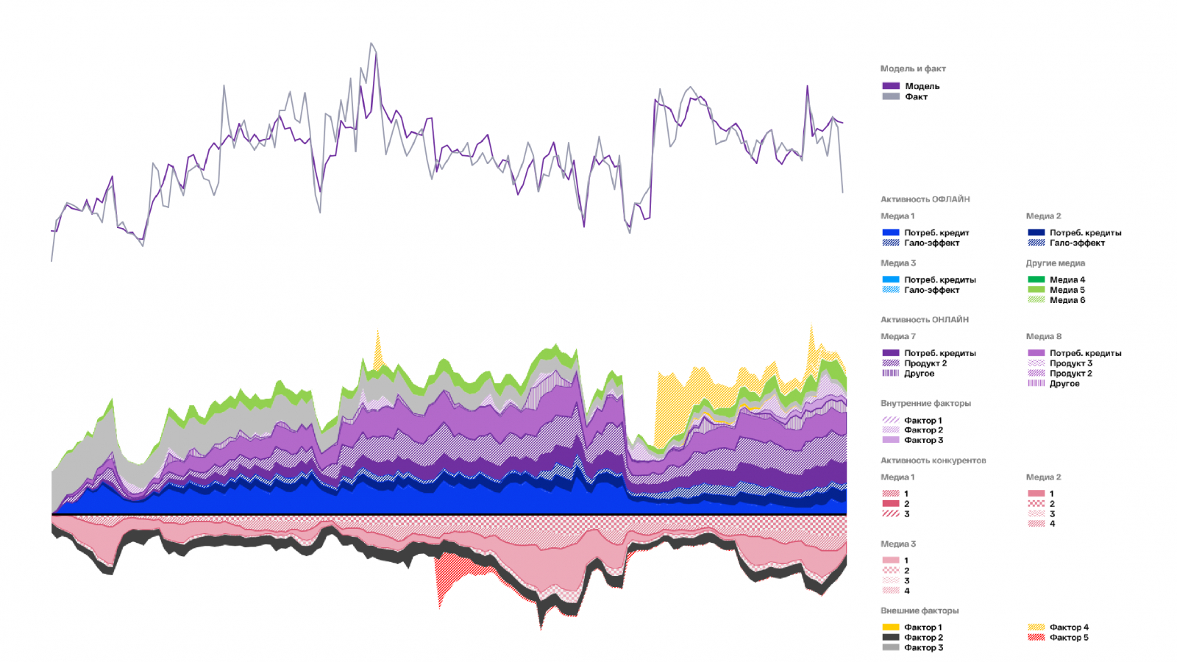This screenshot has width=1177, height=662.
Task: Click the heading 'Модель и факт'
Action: (913, 68)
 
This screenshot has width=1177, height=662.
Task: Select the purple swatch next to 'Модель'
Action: (891, 86)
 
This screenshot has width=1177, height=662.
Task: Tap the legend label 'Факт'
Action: (916, 96)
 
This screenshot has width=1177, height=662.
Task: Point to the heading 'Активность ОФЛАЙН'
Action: (925, 199)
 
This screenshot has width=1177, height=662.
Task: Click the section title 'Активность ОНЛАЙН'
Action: (924, 320)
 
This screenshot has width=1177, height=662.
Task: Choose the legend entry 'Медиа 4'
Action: (1067, 280)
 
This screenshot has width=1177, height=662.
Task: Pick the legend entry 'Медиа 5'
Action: (1067, 290)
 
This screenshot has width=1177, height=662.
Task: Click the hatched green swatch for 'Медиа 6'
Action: (1036, 300)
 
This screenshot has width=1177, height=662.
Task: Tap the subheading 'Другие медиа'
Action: (1055, 263)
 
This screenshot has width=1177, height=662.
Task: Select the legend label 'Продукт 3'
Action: (1070, 363)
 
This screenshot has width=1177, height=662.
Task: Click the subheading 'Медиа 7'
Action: (897, 337)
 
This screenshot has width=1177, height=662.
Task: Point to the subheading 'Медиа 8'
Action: (1043, 337)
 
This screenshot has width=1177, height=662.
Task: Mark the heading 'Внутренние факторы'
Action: (925, 404)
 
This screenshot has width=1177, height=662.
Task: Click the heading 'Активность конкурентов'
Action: (933, 460)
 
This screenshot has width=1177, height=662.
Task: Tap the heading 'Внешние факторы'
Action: (919, 611)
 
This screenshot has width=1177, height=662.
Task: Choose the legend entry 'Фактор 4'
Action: (1069, 627)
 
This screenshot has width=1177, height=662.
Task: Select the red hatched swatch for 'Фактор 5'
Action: (1036, 638)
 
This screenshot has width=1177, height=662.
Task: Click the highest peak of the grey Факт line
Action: (371, 43)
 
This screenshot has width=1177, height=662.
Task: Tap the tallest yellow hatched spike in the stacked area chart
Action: (811, 327)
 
